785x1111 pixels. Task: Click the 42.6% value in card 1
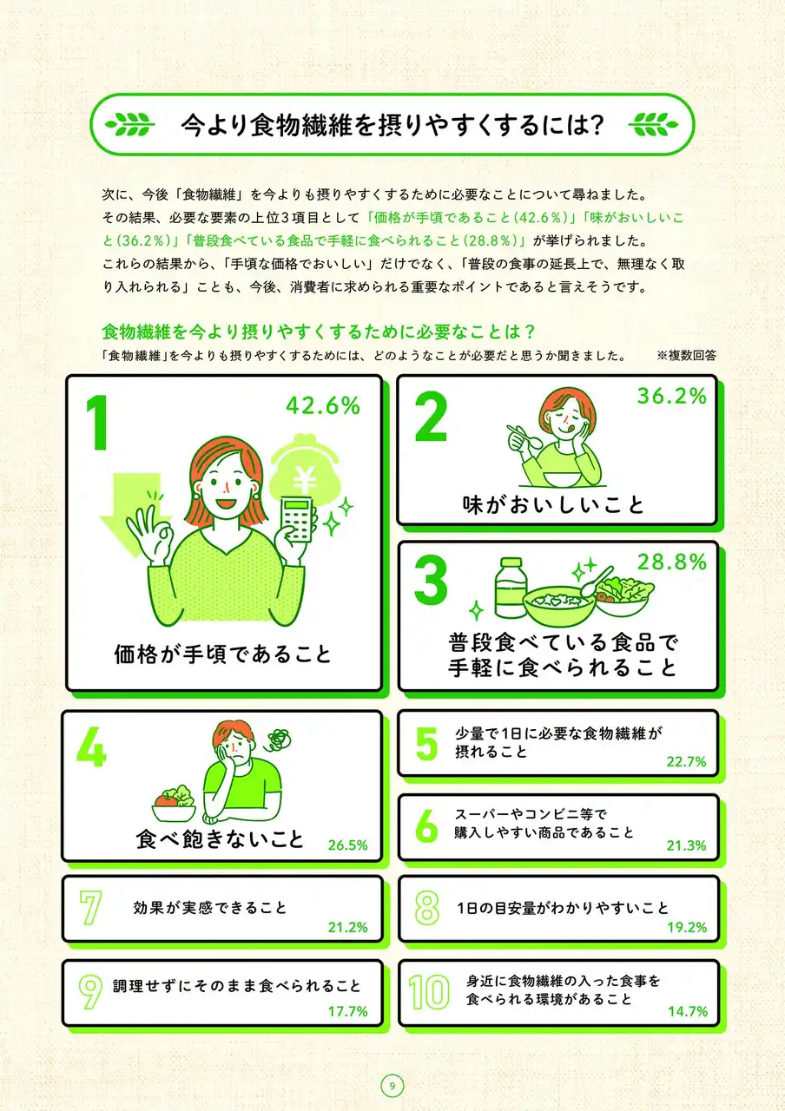pyautogui.click(x=322, y=405)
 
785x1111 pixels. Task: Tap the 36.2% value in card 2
pyautogui.click(x=672, y=396)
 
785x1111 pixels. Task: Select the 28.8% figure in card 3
pyautogui.click(x=672, y=562)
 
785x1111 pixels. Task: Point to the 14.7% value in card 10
pyautogui.click(x=688, y=1011)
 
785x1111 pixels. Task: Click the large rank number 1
pyautogui.click(x=97, y=423)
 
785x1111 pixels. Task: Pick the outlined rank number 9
pyautogui.click(x=90, y=992)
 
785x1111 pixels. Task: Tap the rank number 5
pyautogui.click(x=426, y=744)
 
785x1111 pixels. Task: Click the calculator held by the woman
pyautogui.click(x=297, y=519)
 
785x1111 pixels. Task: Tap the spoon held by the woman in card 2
pyautogui.click(x=525, y=437)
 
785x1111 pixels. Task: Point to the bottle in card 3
pyautogui.click(x=511, y=588)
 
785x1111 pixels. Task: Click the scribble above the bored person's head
pyautogui.click(x=279, y=741)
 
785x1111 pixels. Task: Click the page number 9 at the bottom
pyautogui.click(x=392, y=1086)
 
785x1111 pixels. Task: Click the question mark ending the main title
pyautogui.click(x=597, y=124)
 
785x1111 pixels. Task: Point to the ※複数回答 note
pyautogui.click(x=686, y=355)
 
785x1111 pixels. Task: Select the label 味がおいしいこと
pyautogui.click(x=553, y=505)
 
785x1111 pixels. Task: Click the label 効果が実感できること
pyautogui.click(x=210, y=908)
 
